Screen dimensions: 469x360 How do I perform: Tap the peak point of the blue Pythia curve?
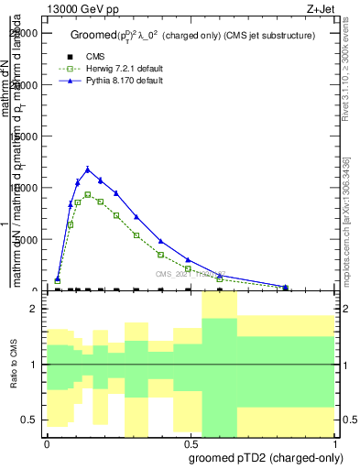tap(88, 169)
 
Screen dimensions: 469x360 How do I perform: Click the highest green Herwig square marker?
tap(88, 194)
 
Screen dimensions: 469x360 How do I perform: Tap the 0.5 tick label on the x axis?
tap(190, 440)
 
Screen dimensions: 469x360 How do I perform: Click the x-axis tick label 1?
tap(334, 440)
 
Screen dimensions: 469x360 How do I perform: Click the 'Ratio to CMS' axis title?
tap(16, 365)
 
